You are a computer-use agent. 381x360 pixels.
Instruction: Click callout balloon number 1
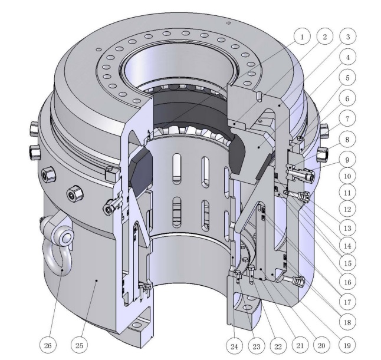(302, 37)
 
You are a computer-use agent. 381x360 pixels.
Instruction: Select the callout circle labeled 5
(347, 78)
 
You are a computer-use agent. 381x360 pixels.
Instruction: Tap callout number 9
(347, 160)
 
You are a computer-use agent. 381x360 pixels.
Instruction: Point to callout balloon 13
(347, 228)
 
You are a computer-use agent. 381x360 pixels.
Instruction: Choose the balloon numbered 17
(347, 302)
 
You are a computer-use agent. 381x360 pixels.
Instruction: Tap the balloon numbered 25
(80, 345)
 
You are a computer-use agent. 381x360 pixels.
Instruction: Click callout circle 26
(48, 345)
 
